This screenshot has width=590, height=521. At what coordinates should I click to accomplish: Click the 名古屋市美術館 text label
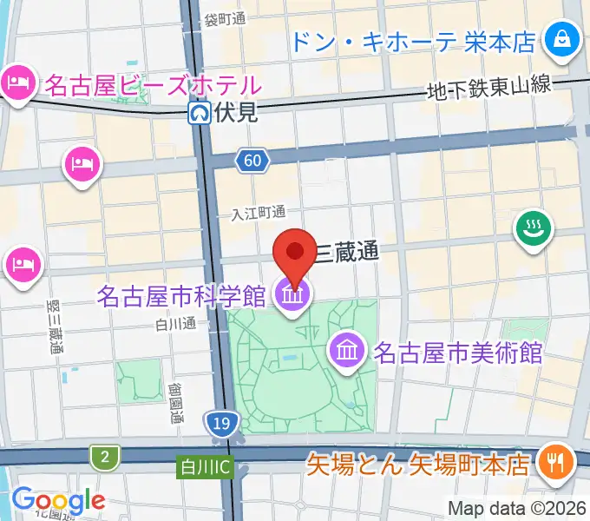tap(458, 353)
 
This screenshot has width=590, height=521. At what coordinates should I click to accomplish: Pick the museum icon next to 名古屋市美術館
tap(347, 352)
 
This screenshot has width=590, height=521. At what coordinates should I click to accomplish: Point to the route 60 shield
tap(251, 160)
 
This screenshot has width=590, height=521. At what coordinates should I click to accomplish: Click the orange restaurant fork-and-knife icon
tap(553, 461)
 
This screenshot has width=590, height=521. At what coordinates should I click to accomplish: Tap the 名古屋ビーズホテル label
tap(153, 85)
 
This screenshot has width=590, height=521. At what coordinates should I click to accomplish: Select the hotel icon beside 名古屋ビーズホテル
tap(18, 83)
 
